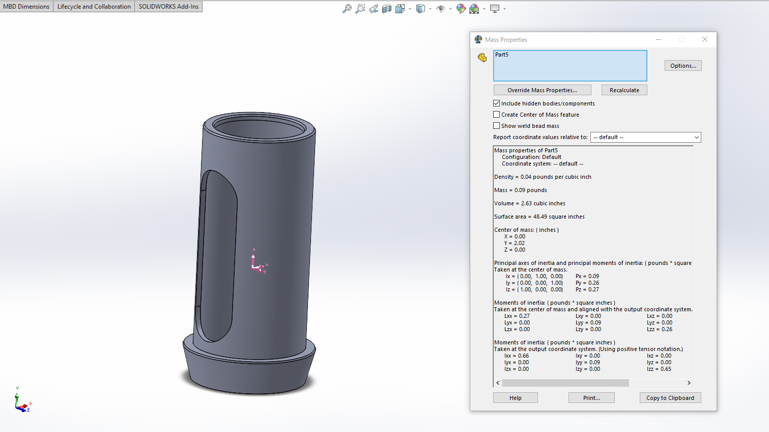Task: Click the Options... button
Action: coord(683,66)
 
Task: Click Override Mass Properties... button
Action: coord(542,90)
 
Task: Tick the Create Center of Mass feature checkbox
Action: coord(496,115)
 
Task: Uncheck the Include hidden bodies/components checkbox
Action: coord(496,103)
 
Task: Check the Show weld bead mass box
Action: coord(496,126)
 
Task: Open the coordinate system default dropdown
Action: coord(645,137)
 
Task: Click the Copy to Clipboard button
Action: coord(670,398)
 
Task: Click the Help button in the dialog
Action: coord(516,398)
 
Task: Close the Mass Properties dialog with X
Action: coord(705,40)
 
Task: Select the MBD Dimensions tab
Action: coord(26,7)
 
